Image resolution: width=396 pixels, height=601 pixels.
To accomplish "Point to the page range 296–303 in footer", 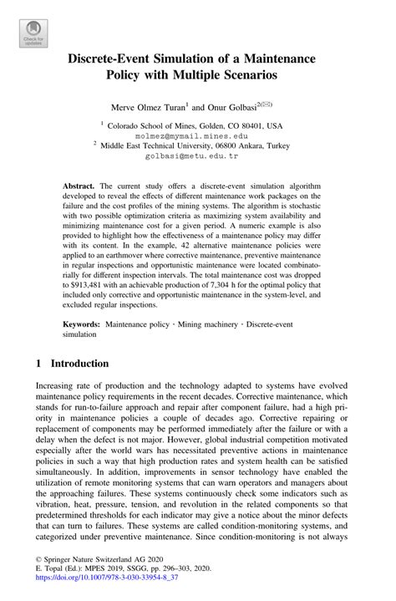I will (188, 576).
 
